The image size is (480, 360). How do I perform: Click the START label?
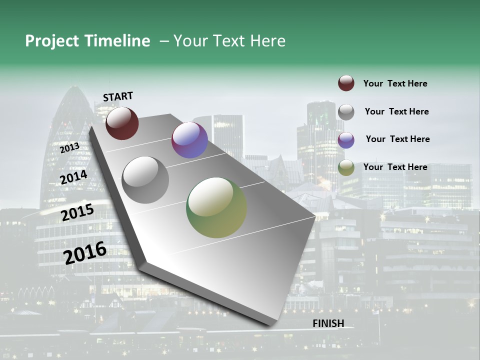pyautogui.click(x=118, y=96)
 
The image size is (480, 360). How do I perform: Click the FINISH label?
pyautogui.click(x=328, y=323)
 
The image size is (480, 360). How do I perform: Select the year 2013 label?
pyautogui.click(x=69, y=148)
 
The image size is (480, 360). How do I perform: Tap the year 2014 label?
pyautogui.click(x=73, y=177)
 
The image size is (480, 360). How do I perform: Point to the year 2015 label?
pyautogui.click(x=77, y=212)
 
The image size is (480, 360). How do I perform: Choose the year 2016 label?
pyautogui.click(x=85, y=252)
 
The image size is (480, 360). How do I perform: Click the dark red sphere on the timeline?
pyautogui.click(x=122, y=123)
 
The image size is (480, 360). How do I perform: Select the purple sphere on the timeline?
pyautogui.click(x=189, y=140)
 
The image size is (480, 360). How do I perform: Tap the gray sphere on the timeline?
pyautogui.click(x=145, y=180)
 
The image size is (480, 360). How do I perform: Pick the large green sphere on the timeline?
pyautogui.click(x=216, y=207)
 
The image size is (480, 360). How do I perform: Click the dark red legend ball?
pyautogui.click(x=346, y=83)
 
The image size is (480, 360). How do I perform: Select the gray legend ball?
pyautogui.click(x=346, y=111)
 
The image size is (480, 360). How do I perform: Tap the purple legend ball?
pyautogui.click(x=346, y=139)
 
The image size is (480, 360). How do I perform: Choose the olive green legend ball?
pyautogui.click(x=346, y=167)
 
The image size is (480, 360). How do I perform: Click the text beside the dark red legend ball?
pyautogui.click(x=395, y=83)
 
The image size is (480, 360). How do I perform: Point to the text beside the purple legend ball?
pyautogui.click(x=397, y=139)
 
